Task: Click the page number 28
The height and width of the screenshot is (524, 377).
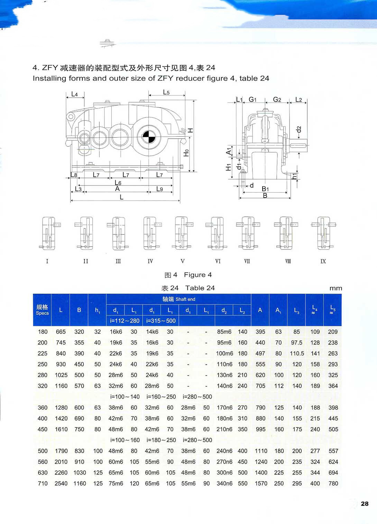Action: (x=365, y=504)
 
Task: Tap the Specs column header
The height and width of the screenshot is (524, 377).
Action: (x=42, y=310)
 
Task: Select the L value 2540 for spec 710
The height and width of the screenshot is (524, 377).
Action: (x=61, y=483)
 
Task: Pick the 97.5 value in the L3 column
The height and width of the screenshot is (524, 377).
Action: (x=296, y=342)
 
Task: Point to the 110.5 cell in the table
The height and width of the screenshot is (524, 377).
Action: (x=297, y=353)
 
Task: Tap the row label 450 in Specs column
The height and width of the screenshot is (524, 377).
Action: (x=43, y=429)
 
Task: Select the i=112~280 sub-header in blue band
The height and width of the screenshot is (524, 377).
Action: (x=125, y=321)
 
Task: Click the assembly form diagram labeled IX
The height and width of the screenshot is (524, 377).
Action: (x=323, y=233)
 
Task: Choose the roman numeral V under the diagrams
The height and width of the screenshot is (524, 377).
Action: (x=183, y=261)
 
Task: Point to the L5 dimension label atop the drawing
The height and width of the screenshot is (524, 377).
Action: (x=166, y=92)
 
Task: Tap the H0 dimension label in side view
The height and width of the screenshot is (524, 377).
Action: (x=186, y=153)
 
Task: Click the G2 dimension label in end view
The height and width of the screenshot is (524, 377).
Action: (x=277, y=100)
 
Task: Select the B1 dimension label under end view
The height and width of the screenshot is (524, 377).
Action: (x=265, y=189)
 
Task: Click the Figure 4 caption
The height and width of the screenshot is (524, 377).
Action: (x=197, y=275)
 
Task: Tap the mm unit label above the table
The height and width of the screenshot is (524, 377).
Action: (x=335, y=288)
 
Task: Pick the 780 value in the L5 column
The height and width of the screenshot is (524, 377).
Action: (x=333, y=483)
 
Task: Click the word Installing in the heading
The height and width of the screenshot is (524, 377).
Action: (x=49, y=78)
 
